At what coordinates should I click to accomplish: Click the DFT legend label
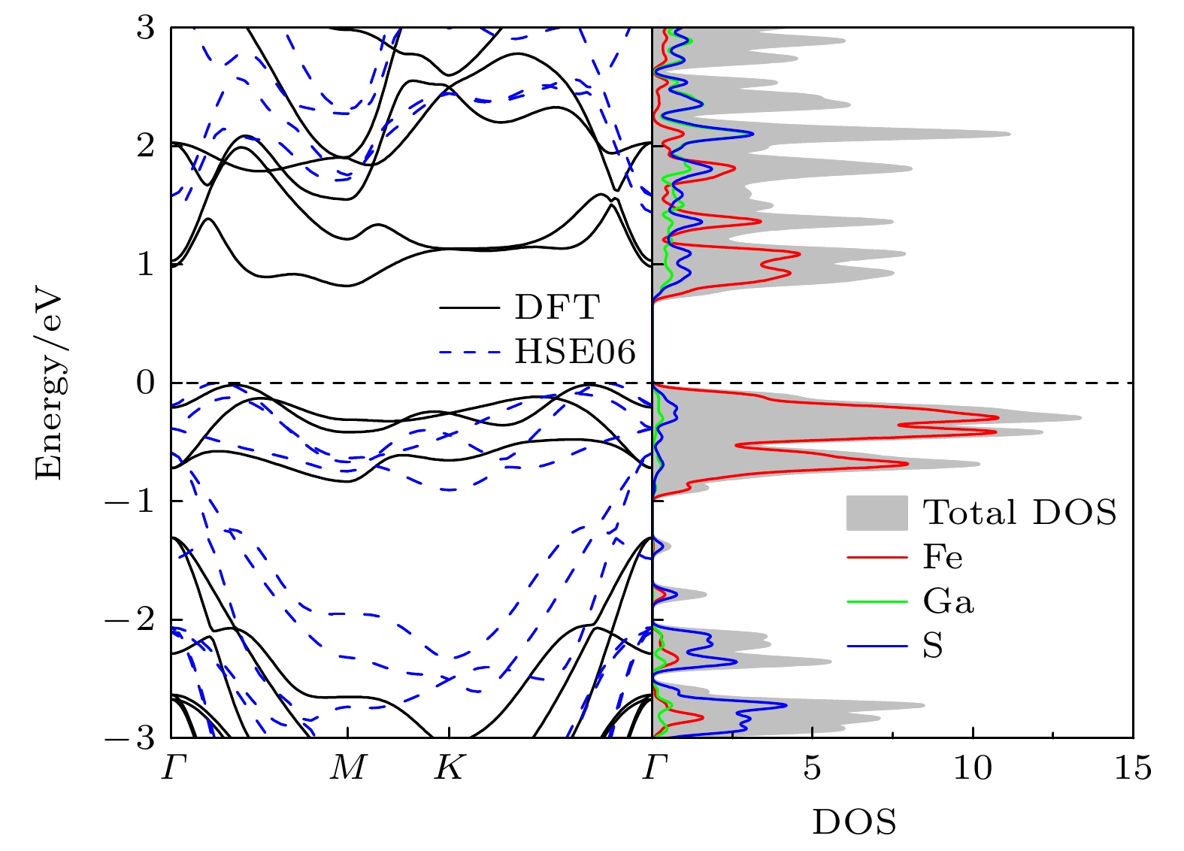tap(557, 307)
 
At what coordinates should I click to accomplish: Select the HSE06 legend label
tap(575, 351)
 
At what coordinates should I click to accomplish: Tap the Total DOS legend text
tap(1020, 512)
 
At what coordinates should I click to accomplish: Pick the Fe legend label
tap(943, 557)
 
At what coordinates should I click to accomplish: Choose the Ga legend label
tap(948, 601)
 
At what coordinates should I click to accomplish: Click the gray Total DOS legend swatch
tap(877, 513)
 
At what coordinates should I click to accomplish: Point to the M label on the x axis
tap(348, 768)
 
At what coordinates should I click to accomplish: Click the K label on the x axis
tap(450, 768)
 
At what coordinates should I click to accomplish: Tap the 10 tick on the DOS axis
tap(973, 768)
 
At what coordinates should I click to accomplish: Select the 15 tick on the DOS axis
tap(1133, 768)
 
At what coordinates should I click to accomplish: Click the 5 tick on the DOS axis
tap(812, 768)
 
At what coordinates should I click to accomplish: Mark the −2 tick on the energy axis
tap(129, 619)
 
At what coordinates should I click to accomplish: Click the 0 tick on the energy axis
tap(145, 383)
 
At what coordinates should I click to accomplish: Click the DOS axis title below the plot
tap(855, 822)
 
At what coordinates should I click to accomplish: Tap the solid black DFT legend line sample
tap(469, 307)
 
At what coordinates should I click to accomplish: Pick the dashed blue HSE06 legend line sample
tap(469, 352)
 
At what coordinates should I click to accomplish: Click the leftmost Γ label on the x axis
tap(174, 768)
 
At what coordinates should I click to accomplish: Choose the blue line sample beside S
tap(877, 646)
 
